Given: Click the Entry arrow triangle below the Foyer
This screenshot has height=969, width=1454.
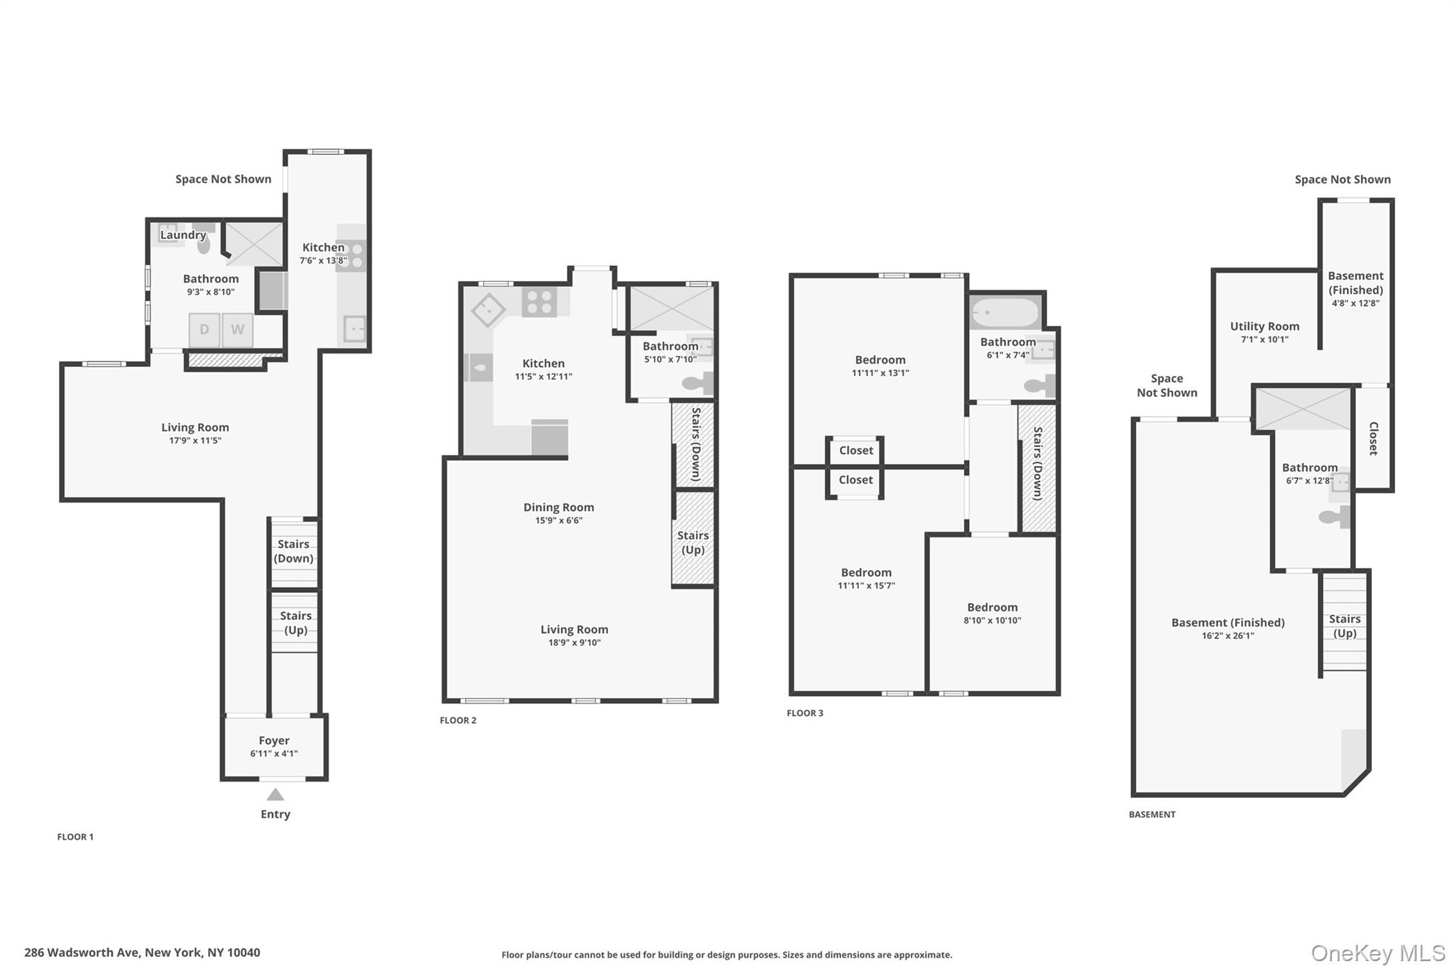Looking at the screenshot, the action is pyautogui.click(x=275, y=794).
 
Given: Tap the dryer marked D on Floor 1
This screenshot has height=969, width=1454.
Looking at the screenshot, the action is pyautogui.click(x=204, y=329).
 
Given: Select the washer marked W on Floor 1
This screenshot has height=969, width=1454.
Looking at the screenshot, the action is pyautogui.click(x=238, y=329).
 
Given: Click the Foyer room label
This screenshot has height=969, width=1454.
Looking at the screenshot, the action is pyautogui.click(x=274, y=740).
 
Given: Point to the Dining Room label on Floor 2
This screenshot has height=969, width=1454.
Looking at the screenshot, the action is pyautogui.click(x=559, y=507).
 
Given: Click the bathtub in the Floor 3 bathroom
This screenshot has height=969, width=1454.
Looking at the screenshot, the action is pyautogui.click(x=1005, y=312).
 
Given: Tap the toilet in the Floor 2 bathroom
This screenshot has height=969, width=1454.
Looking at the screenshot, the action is pyautogui.click(x=697, y=384).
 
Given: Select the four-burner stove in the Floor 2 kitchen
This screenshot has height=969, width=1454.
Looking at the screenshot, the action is pyautogui.click(x=539, y=301).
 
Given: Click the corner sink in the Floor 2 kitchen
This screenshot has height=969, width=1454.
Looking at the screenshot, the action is pyautogui.click(x=488, y=310).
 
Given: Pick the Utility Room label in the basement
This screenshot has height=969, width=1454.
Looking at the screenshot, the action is pyautogui.click(x=1264, y=326).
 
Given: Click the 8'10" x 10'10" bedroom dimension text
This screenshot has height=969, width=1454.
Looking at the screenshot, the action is pyautogui.click(x=993, y=620).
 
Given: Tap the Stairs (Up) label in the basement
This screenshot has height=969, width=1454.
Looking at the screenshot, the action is pyautogui.click(x=1345, y=626).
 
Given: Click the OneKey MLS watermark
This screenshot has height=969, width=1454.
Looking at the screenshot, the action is pyautogui.click(x=1378, y=953).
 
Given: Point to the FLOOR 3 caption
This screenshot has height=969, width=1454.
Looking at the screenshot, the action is pyautogui.click(x=805, y=713).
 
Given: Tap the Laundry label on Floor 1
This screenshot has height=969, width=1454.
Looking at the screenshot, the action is pyautogui.click(x=183, y=235).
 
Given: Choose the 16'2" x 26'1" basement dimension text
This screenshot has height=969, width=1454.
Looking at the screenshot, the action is pyautogui.click(x=1228, y=636).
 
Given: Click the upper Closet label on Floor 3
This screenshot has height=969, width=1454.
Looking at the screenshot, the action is pyautogui.click(x=856, y=450).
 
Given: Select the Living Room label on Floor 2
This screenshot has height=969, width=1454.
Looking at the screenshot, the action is pyautogui.click(x=574, y=629).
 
